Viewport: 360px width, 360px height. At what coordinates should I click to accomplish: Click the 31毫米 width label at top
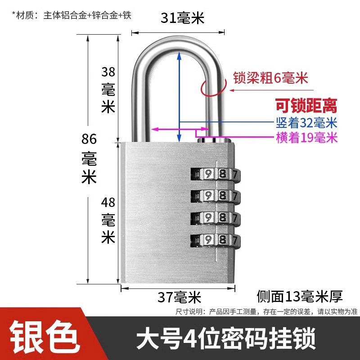[182, 18]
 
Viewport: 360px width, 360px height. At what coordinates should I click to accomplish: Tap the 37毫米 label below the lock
[179, 297]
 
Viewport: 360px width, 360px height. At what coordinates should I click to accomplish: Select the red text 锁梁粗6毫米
[270, 78]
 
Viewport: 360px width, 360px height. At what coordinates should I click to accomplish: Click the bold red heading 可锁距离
[306, 105]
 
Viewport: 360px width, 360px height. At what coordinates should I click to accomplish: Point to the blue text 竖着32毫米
[306, 122]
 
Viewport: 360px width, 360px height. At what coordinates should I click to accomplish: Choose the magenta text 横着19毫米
[307, 138]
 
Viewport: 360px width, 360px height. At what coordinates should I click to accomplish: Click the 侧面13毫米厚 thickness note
[300, 296]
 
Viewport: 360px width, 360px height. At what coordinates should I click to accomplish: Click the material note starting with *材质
[72, 15]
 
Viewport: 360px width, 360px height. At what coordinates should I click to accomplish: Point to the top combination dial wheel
[216, 175]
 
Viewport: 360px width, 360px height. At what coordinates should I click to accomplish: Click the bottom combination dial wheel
[216, 240]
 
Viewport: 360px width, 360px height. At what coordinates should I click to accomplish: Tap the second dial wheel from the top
[216, 196]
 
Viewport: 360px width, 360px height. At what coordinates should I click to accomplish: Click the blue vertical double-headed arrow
[179, 97]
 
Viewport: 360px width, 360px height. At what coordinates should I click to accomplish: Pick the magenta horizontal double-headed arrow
[180, 129]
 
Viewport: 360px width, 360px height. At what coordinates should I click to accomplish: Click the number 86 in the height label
[89, 139]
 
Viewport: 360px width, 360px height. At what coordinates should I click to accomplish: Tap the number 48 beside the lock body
[108, 202]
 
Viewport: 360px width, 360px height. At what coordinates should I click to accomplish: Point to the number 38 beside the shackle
[108, 72]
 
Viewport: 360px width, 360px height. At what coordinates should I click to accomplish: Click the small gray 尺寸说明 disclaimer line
[266, 311]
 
